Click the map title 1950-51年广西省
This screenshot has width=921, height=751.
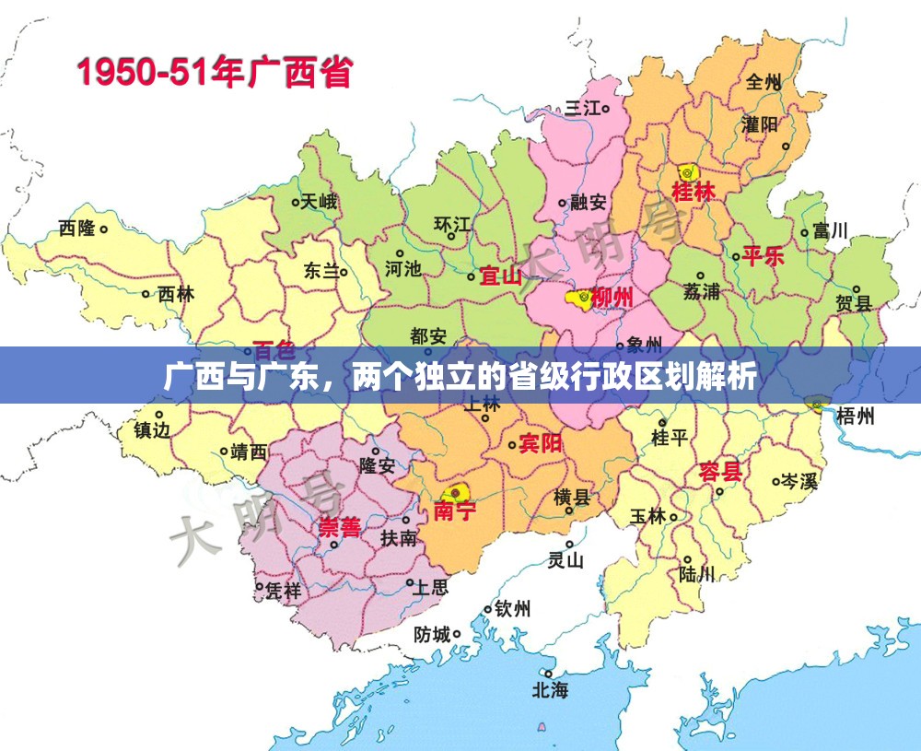coord(214,72)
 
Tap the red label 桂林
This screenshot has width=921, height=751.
coord(694,193)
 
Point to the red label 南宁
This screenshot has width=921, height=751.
coord(455,510)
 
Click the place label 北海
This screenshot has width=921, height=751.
coord(550,689)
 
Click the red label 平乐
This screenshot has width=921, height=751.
coord(764,256)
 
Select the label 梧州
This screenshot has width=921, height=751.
coord(856,416)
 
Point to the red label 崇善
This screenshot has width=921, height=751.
coord(339,527)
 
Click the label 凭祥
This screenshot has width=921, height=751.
coord(283,591)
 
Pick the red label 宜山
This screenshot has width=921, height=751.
coord(501,276)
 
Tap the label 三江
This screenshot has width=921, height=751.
coord(583,108)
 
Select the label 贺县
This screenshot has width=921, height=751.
coord(853,303)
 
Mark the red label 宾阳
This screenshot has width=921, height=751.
coord(541,443)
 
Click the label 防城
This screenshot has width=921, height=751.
coord(432,634)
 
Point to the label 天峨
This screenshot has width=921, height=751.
coord(319,202)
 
